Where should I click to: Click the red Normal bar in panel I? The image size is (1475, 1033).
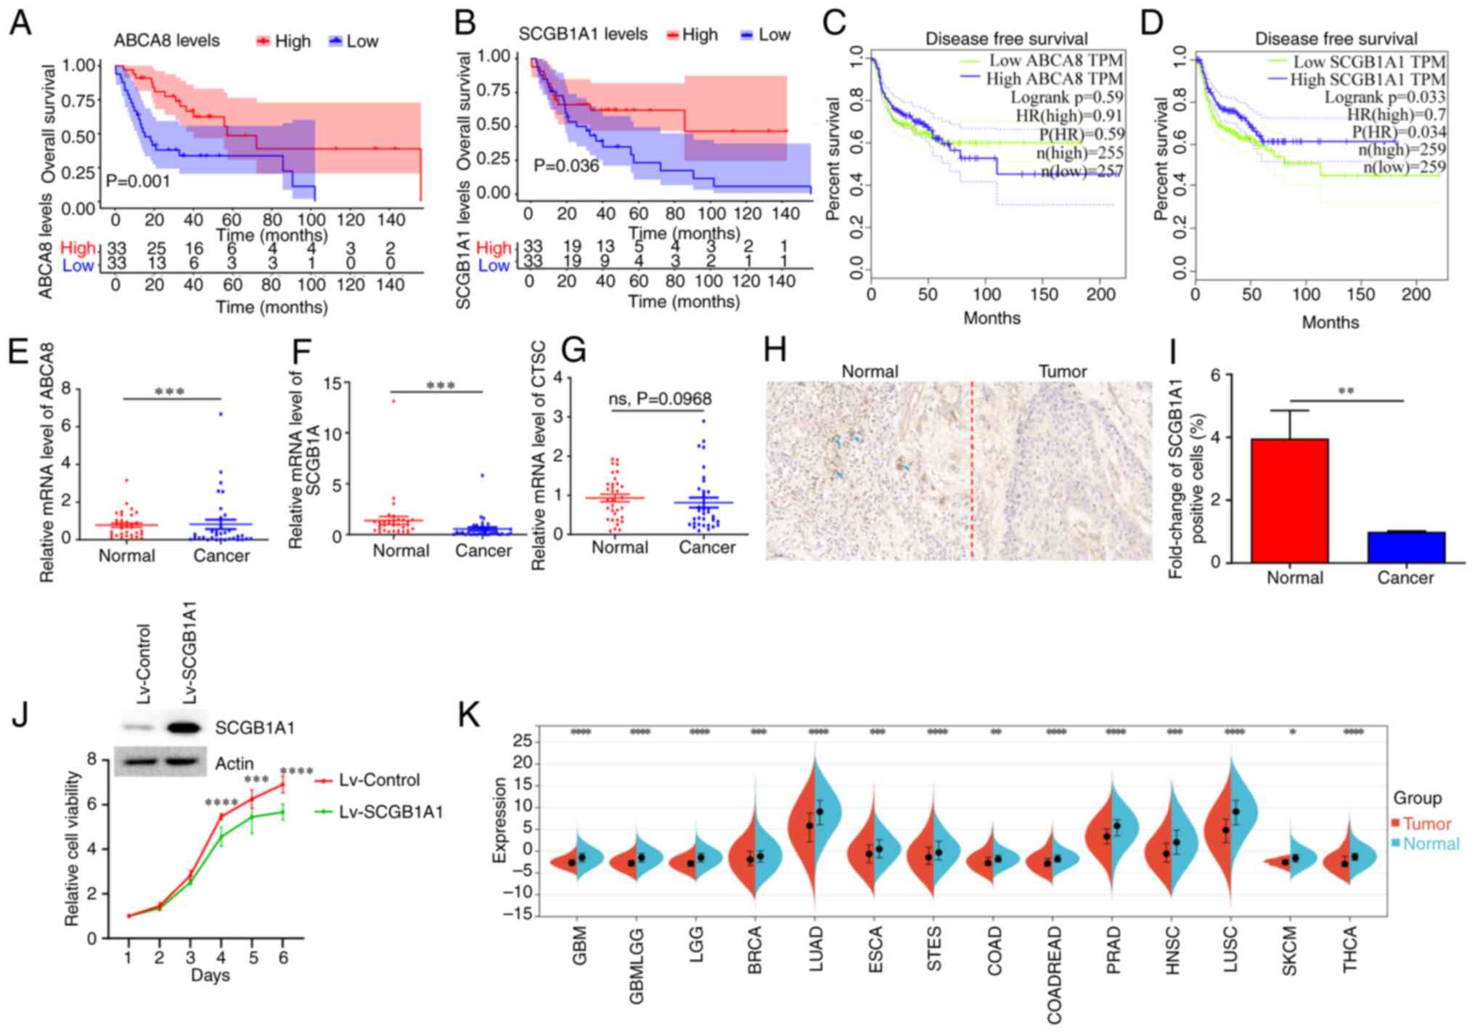[1294, 501]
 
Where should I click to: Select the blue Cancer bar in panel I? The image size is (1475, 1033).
[1405, 547]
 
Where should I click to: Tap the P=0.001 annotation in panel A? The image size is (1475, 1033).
[138, 181]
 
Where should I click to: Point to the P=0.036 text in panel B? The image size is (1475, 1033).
[566, 166]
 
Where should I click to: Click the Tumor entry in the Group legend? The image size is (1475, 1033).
[1426, 824]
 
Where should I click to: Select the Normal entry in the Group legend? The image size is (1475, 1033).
[1431, 843]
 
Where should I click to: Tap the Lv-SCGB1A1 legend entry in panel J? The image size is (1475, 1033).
[391, 811]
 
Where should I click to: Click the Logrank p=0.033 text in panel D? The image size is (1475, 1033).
[1384, 97]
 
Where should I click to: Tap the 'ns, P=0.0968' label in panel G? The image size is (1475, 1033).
[659, 398]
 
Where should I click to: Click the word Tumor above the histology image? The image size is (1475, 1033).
[1062, 372]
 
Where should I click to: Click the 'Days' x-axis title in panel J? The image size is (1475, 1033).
[210, 975]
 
